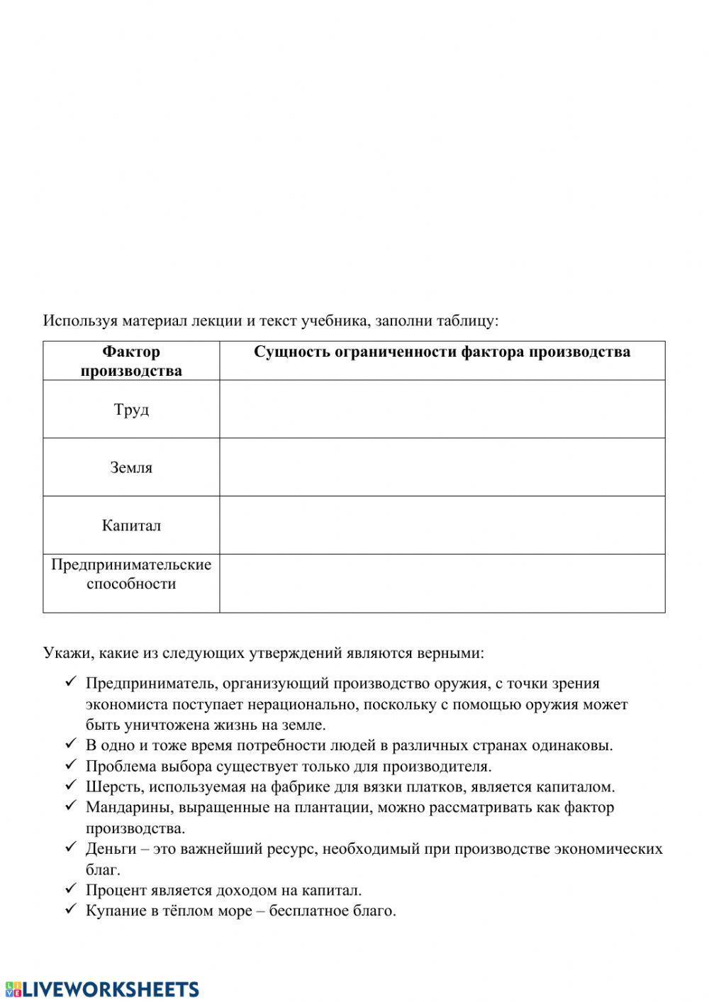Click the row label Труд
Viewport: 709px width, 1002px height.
coord(131,410)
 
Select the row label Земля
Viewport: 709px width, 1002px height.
coord(131,468)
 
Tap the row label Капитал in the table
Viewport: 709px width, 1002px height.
coord(131,525)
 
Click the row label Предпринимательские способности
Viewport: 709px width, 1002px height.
coord(131,574)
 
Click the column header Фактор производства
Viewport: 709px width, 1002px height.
coord(131,361)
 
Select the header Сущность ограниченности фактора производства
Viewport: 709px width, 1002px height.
coord(442,352)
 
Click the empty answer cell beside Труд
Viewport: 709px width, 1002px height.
coord(442,409)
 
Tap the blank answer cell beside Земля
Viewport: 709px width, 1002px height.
coord(442,467)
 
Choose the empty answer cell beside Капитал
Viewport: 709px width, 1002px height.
coord(442,525)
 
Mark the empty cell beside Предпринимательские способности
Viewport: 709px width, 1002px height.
coord(442,583)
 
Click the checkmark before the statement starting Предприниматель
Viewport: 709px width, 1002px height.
coord(70,682)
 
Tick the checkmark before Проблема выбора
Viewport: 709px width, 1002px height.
coord(70,765)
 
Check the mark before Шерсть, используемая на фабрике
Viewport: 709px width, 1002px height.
coord(70,786)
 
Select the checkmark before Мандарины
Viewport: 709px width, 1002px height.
coord(70,806)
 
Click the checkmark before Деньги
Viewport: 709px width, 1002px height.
coord(70,847)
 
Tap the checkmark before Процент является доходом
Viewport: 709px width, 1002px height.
coord(70,889)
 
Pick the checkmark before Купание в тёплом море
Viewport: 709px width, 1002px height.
coord(70,909)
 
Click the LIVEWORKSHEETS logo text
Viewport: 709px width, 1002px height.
coord(111,989)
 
